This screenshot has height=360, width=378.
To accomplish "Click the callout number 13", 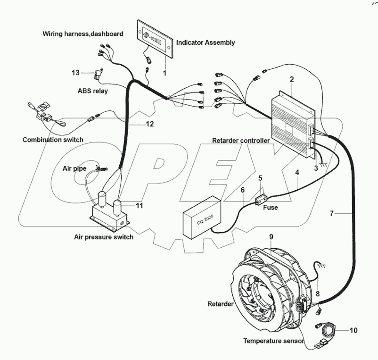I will coord(76,73).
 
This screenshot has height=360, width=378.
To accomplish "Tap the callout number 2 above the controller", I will coord(292,79).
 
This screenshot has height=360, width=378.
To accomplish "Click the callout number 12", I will coord(149,124).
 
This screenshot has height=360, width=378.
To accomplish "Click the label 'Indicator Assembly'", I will coord(205,43).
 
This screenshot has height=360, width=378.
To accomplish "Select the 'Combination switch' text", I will coord(53,140).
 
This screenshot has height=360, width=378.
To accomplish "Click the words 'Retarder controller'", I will coord(241,140).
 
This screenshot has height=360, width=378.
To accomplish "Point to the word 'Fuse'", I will coord(271,207).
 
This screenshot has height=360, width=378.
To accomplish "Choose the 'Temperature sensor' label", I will coord(273,340).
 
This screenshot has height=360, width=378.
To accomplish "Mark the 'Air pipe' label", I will coord(74,168).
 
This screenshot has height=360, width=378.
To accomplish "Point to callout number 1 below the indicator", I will coord(165,74).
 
